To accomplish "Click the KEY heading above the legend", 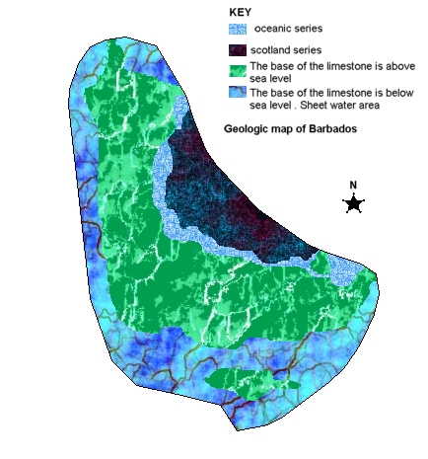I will tap(240, 12).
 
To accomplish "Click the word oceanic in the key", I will tap(275, 30).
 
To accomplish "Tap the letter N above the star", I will tap(353, 185).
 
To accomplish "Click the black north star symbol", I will tap(353, 203).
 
